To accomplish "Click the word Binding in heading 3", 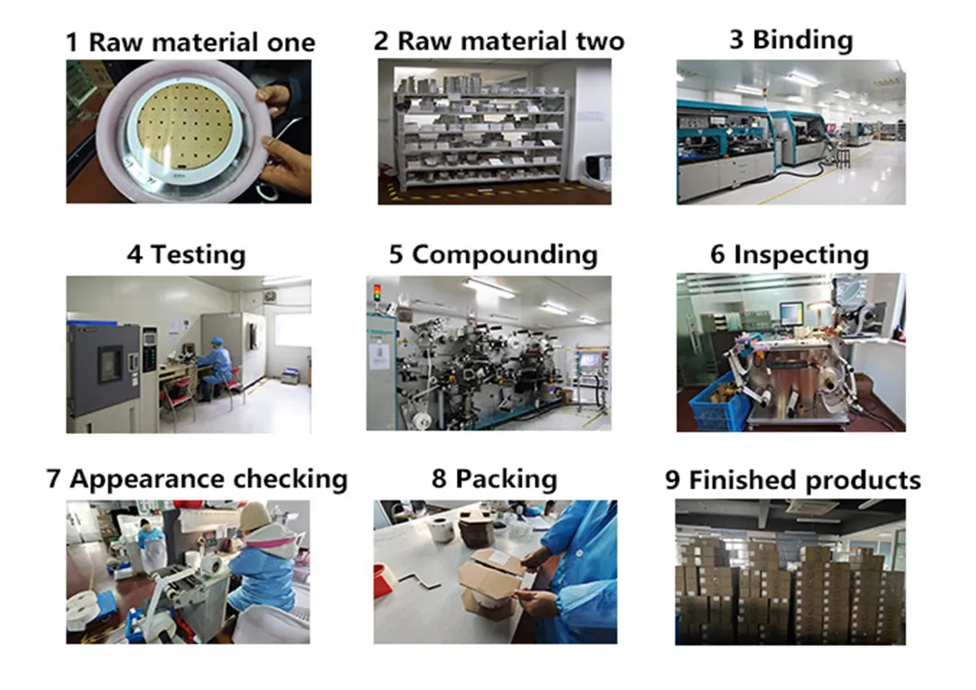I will (x=802, y=41).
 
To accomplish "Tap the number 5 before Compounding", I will (x=396, y=255).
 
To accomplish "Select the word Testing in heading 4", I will (x=198, y=255).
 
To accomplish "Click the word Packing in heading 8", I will (x=506, y=479).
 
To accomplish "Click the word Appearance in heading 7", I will (x=147, y=480).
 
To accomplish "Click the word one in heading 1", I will (x=286, y=43).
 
